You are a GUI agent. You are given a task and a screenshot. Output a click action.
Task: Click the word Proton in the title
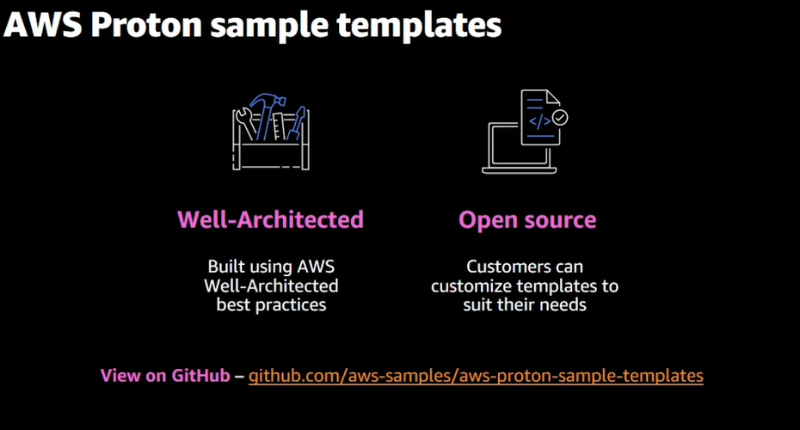[x=146, y=25]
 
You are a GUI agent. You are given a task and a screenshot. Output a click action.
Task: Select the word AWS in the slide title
[x=43, y=25]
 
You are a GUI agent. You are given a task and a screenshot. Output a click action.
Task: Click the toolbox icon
[x=271, y=132]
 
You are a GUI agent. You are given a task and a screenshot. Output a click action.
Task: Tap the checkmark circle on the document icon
[x=560, y=118]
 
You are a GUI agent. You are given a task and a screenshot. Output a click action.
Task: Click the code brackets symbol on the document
[x=539, y=122]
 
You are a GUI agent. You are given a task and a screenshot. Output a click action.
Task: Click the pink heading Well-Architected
[x=270, y=220]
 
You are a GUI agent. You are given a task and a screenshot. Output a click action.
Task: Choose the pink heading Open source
[x=527, y=220]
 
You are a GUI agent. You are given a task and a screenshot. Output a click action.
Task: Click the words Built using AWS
[x=271, y=267]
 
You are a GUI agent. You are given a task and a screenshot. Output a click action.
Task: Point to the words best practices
[x=271, y=304]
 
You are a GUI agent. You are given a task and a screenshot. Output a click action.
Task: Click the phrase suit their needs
[x=525, y=304]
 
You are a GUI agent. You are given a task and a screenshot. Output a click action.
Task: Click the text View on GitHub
[x=165, y=376]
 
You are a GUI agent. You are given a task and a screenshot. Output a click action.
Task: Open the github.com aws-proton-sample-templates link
[x=476, y=376]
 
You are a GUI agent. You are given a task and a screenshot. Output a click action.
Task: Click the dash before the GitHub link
[x=239, y=377]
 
